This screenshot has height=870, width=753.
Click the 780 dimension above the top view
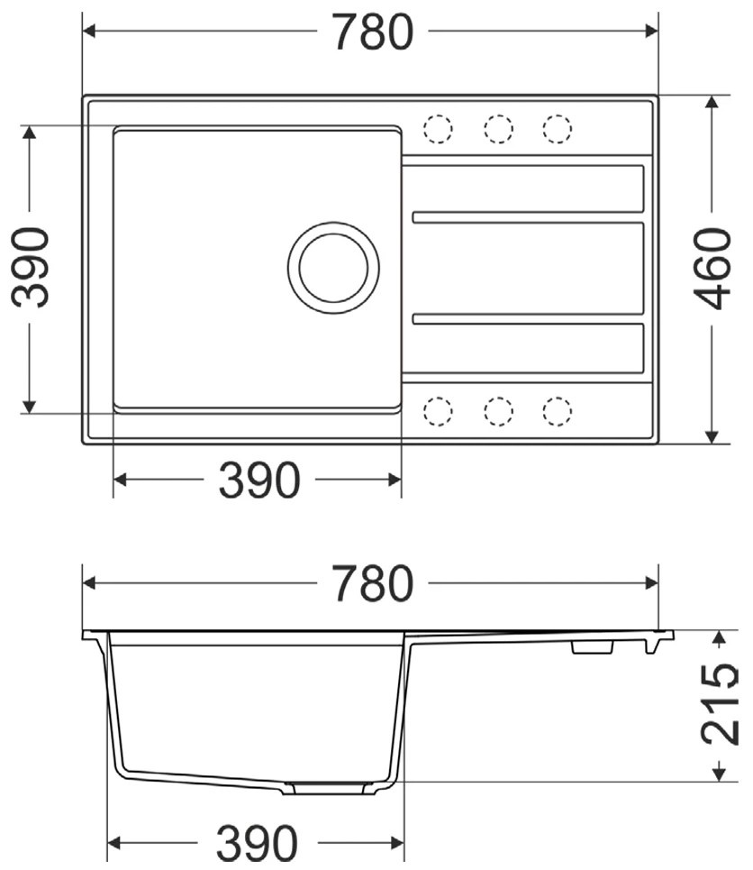tap(373, 32)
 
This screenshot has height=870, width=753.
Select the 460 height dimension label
tap(712, 269)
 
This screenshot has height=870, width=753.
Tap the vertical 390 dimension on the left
tap(31, 268)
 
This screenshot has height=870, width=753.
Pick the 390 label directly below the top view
tap(259, 480)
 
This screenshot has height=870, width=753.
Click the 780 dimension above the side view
tap(373, 583)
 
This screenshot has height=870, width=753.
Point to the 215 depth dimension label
tap(720, 705)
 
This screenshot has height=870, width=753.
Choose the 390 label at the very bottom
tap(257, 843)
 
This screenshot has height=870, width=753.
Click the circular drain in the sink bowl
tap(334, 268)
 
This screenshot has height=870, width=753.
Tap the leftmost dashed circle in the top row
tap(438, 129)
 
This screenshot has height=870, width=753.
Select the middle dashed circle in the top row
tap(498, 129)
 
